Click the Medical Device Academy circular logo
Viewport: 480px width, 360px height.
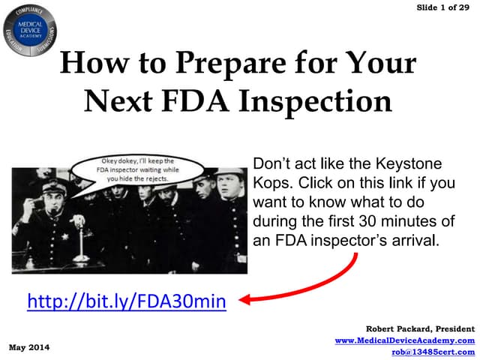[x=31, y=29]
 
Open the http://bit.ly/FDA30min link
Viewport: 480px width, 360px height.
[x=126, y=301]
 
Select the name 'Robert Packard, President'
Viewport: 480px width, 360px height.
[x=420, y=328]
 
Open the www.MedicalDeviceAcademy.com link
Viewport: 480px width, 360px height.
[x=405, y=340]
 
